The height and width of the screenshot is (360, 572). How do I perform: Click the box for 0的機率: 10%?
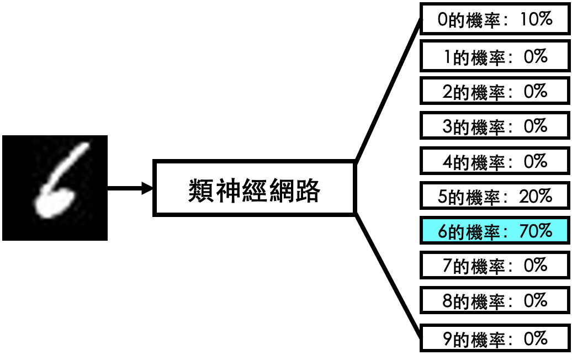click(x=494, y=20)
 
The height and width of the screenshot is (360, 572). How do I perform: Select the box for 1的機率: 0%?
click(x=494, y=56)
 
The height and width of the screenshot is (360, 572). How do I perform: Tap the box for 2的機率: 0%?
click(x=494, y=91)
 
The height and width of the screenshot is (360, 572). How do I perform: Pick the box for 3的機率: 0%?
click(x=494, y=126)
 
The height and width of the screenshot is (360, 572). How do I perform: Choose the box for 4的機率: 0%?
click(x=494, y=161)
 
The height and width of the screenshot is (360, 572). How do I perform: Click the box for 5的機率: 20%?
click(x=494, y=196)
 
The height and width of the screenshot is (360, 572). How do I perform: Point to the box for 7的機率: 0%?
click(x=494, y=266)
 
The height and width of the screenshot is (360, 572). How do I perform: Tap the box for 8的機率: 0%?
click(x=494, y=301)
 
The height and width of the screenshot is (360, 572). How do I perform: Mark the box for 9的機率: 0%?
click(x=494, y=337)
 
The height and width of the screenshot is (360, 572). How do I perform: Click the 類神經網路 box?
click(x=254, y=188)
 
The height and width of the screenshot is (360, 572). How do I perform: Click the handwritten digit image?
click(x=55, y=188)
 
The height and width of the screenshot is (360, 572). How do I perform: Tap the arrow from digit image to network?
click(x=130, y=188)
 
